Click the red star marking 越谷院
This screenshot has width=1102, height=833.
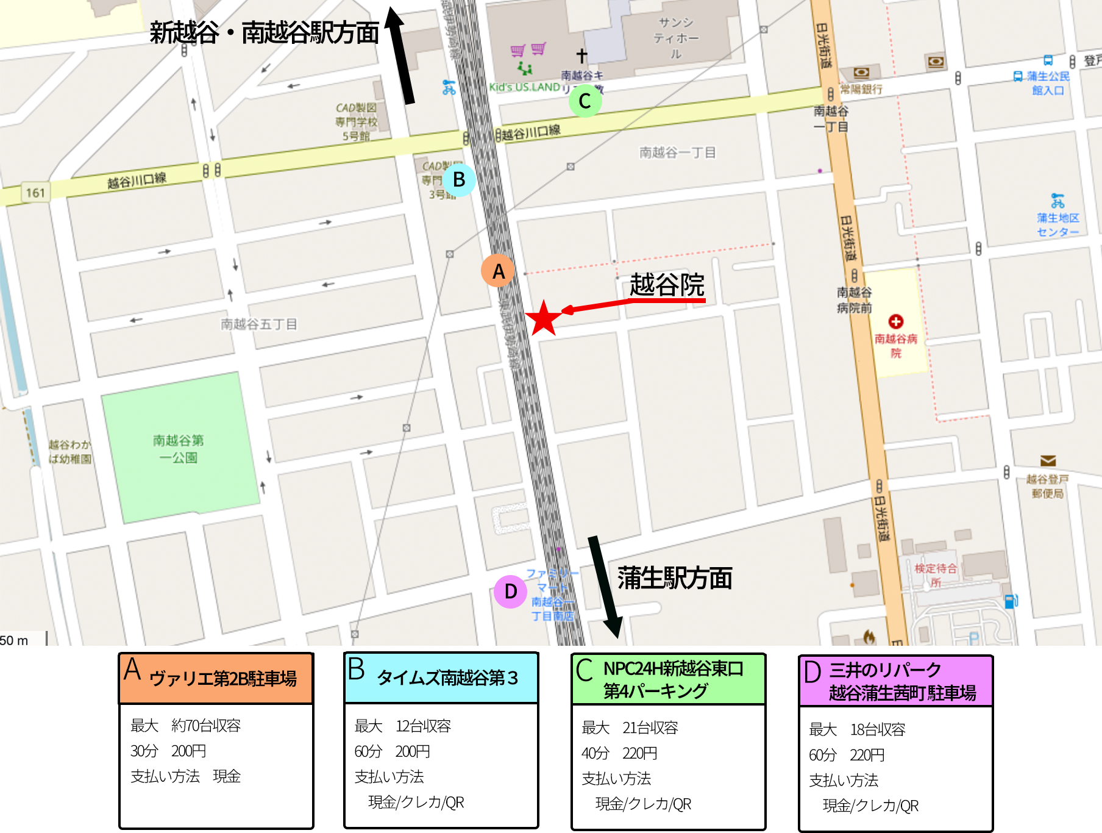point(543,318)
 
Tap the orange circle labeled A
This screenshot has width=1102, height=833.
point(498,271)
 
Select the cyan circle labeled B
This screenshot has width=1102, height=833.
point(458,180)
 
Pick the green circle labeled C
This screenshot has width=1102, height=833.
point(585,101)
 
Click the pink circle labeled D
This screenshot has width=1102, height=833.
point(510,591)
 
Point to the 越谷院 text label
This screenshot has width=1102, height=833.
point(667,285)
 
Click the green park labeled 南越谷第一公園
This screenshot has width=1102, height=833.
point(179,448)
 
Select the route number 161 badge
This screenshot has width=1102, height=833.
point(35,193)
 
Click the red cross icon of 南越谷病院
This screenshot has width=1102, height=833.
point(895,321)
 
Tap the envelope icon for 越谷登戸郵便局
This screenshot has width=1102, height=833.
point(1048,460)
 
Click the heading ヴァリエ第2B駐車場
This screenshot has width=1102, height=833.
point(222,679)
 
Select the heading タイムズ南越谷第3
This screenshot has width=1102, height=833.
point(447,677)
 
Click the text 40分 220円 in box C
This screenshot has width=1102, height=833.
point(619,753)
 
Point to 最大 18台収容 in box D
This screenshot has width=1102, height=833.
point(857,729)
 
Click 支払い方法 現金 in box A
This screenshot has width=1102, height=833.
point(185,776)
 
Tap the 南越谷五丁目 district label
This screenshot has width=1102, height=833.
point(258,324)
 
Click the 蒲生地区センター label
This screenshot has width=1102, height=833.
point(1058,224)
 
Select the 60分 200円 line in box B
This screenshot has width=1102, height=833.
point(393,751)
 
